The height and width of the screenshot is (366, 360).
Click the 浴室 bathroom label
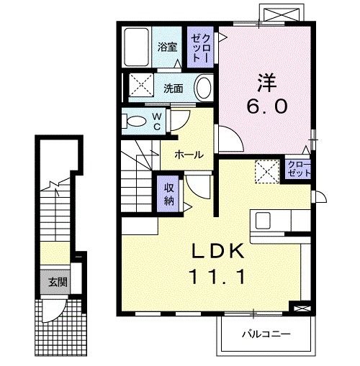168,48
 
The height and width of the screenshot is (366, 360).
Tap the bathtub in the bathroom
136,47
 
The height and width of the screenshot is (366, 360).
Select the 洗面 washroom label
173,89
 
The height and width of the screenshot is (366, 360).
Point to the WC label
157,122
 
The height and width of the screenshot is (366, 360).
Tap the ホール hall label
189,154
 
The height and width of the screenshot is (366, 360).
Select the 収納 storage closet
169,193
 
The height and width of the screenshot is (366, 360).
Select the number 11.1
218,275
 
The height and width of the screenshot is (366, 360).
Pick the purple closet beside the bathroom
199,47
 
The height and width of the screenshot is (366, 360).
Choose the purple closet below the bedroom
297,170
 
